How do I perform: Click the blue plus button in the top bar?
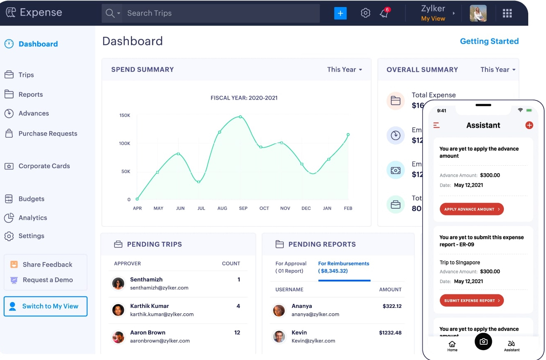pyautogui.click(x=340, y=13)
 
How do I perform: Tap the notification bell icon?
pyautogui.click(x=384, y=13)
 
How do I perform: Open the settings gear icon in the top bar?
pyautogui.click(x=366, y=13)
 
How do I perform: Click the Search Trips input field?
pyautogui.click(x=221, y=13)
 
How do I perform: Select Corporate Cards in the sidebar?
pyautogui.click(x=44, y=166)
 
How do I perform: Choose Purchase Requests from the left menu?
pyautogui.click(x=47, y=134)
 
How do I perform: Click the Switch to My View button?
pyautogui.click(x=45, y=306)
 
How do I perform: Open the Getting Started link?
pyautogui.click(x=489, y=41)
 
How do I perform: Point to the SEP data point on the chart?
pyautogui.click(x=240, y=117)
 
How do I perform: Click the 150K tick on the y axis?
pyautogui.click(x=125, y=115)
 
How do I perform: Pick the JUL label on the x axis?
pyautogui.click(x=201, y=208)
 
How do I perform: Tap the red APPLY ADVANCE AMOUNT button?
pyautogui.click(x=471, y=209)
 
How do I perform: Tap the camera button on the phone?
pyautogui.click(x=483, y=342)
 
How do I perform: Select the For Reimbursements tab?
pyautogui.click(x=344, y=267)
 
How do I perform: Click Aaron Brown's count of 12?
pyautogui.click(x=237, y=332)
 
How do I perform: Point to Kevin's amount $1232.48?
pyautogui.click(x=390, y=332)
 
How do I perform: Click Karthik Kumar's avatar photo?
pyautogui.click(x=118, y=310)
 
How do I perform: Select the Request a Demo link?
pyautogui.click(x=47, y=280)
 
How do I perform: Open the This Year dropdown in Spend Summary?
pyautogui.click(x=344, y=69)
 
